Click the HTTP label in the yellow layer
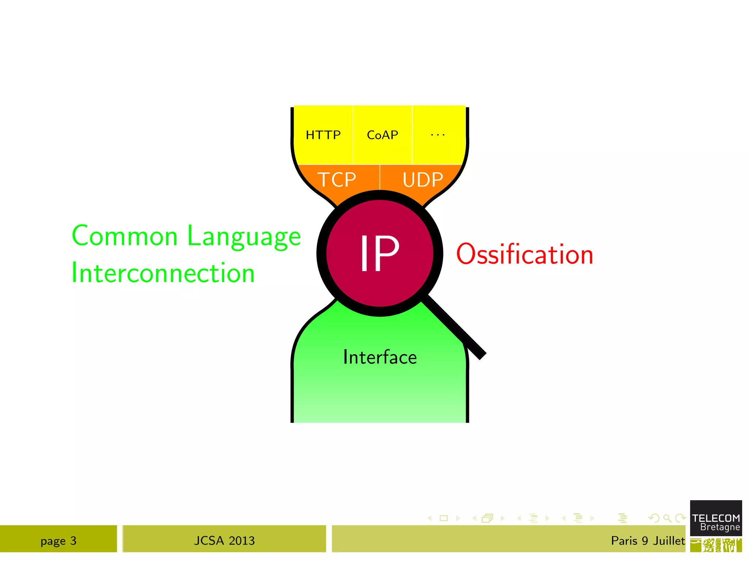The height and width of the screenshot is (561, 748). pos(323,135)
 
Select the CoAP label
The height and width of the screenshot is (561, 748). pos(382,135)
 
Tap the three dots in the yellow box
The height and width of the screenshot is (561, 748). pos(438,135)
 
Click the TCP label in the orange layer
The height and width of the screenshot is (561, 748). pos(337,180)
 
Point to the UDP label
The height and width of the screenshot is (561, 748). pos(423,180)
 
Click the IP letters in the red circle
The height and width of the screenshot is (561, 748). pos(379,253)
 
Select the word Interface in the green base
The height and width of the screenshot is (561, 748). pos(380,357)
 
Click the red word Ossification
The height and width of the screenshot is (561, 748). pos(524,254)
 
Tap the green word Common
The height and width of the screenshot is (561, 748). pos(125,236)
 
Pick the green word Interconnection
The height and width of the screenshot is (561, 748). pos(163,273)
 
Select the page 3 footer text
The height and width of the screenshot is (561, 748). pos(58,541)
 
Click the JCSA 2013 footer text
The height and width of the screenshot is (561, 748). pos(224,541)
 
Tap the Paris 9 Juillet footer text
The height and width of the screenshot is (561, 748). pos(648,541)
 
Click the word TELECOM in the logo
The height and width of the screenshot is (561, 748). pos(716,518)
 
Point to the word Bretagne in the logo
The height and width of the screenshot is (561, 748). pos(720,527)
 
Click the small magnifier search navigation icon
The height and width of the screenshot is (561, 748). pos(667,518)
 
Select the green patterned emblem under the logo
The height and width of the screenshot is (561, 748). pos(716,546)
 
